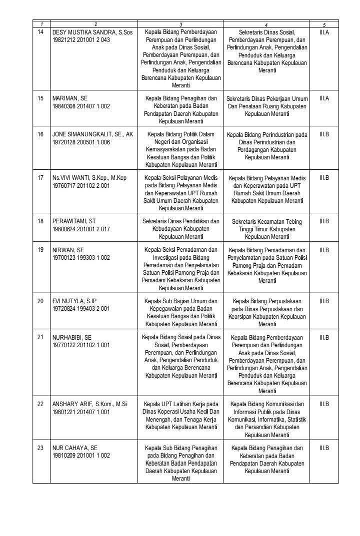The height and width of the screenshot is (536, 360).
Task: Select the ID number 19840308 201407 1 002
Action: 81,106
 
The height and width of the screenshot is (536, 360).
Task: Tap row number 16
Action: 40,134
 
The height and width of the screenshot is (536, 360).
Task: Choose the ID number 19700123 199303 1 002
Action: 81,258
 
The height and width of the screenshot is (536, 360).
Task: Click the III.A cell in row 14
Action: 323,32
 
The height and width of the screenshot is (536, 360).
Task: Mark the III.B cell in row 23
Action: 323,448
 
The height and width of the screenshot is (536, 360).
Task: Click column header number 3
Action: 180,24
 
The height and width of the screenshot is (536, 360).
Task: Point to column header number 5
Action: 323,24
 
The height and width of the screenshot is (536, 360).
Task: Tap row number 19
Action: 40,250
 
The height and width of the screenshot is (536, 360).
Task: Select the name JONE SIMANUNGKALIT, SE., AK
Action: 92,134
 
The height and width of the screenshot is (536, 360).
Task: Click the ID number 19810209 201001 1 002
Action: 81,456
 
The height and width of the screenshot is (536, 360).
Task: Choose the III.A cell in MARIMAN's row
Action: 323,98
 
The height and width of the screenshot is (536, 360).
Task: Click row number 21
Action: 40,337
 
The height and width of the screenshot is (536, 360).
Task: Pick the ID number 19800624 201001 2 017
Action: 81,229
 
